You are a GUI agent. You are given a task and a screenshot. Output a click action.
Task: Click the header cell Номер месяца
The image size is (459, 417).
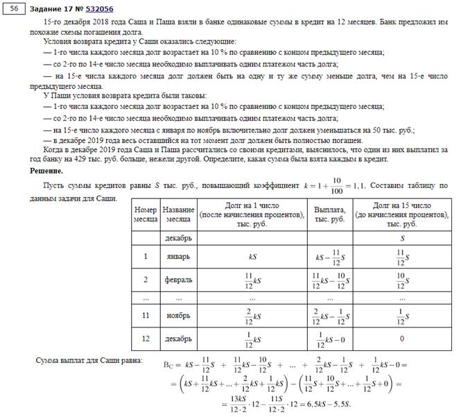point(146,214)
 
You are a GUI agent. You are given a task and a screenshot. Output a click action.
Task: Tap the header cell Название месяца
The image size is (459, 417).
point(178,214)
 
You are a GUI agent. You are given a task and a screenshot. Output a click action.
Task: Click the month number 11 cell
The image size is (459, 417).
point(146,316)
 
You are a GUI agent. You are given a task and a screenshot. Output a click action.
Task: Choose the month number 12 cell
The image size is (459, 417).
point(146,339)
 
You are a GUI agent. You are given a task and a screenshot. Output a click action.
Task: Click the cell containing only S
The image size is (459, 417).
point(402,238)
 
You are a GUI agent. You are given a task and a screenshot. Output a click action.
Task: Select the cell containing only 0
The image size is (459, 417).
point(402,339)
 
